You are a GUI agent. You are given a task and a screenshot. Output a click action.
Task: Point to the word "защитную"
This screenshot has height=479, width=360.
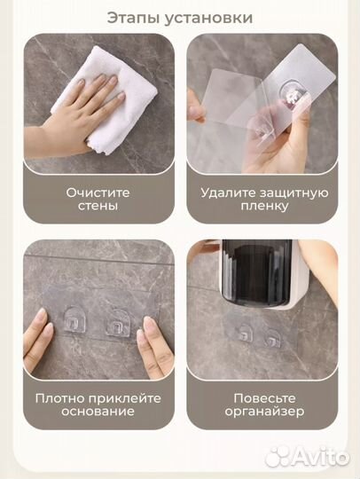295,191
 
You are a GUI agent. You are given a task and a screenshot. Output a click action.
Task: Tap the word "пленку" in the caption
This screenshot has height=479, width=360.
263,207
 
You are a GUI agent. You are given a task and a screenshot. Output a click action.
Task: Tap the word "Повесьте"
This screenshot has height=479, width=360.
263,397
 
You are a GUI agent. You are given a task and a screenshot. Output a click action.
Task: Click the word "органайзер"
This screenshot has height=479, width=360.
263,413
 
